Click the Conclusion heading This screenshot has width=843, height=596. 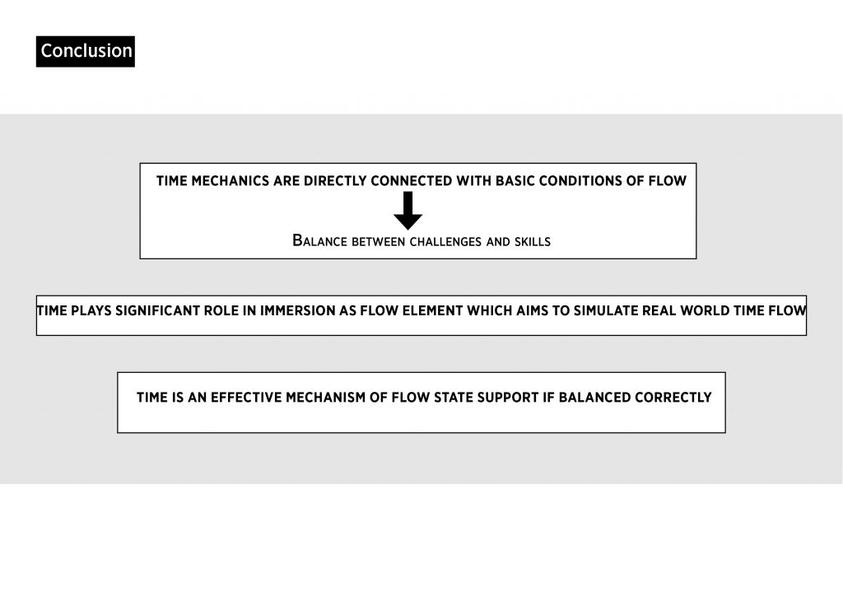coord(86,51)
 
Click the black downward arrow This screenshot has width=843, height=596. coord(408,211)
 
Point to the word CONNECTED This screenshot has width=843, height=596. coord(412,181)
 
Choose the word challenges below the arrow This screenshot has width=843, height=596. coord(445,242)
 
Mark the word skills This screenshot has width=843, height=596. coord(533,242)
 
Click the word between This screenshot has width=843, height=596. coord(378,242)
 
